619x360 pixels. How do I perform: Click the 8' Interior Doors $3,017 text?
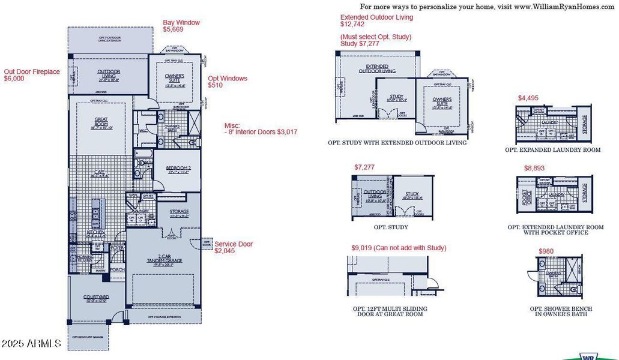(x=262, y=131)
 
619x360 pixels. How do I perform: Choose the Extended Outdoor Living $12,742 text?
(x=376, y=21)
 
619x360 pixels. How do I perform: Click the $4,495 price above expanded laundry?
(x=529, y=98)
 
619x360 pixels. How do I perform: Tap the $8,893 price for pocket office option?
(x=535, y=169)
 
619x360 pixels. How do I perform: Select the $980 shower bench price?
(x=546, y=251)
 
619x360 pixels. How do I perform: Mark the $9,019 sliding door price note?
(x=399, y=248)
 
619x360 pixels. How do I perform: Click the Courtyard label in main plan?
(x=97, y=298)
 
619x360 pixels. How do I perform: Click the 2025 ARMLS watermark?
(x=31, y=344)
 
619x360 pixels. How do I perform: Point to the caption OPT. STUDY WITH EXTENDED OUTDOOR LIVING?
(x=397, y=143)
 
